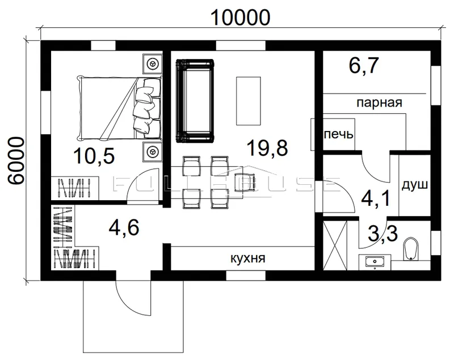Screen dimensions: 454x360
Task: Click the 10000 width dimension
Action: [x=241, y=18]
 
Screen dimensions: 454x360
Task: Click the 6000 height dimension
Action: [x=15, y=160]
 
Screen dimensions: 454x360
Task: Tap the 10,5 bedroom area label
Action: [x=94, y=155]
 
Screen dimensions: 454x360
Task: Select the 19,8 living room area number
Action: [x=267, y=147]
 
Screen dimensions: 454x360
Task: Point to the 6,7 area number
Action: [x=364, y=65]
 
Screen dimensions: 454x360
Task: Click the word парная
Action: [x=379, y=103]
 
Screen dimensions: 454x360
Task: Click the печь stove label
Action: [x=338, y=134]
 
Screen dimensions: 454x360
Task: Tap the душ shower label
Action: [x=415, y=185]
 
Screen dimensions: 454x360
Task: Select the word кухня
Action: [x=248, y=258]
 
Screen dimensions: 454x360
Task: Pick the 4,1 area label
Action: [x=376, y=198]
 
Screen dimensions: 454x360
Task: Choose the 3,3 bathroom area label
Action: [x=382, y=234]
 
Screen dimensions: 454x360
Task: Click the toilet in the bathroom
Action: [x=411, y=249]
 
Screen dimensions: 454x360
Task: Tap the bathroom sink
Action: [x=375, y=262]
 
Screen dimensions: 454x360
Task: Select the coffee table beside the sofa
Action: [x=249, y=100]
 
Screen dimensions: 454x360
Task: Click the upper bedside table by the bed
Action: [x=152, y=63]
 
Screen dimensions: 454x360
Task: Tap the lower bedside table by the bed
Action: [x=152, y=151]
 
